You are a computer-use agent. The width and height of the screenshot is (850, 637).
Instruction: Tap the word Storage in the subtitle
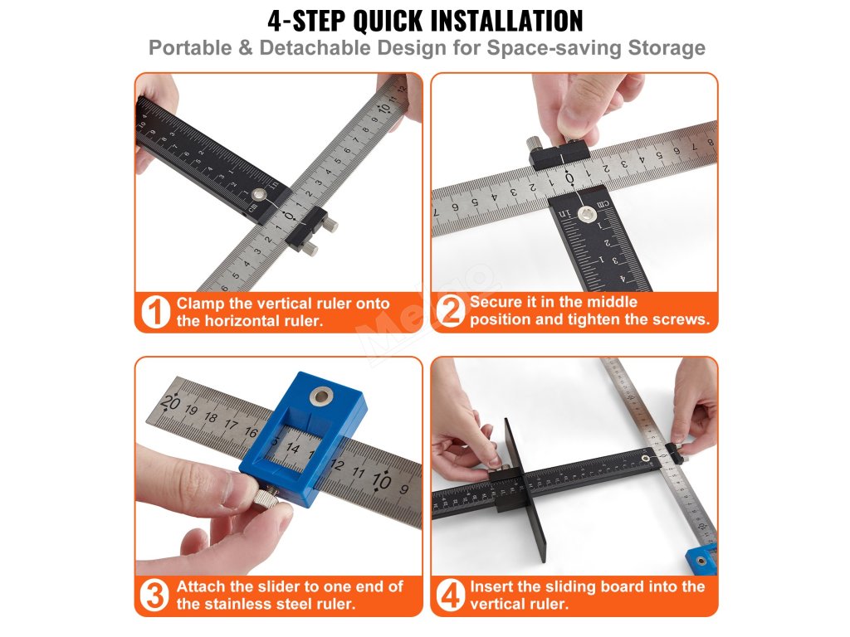[x=667, y=47]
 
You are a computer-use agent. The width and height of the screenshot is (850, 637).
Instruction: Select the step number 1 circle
[x=155, y=312]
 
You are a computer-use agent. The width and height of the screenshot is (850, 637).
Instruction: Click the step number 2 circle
[x=451, y=310]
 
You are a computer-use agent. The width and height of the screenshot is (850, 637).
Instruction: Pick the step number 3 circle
[x=154, y=596]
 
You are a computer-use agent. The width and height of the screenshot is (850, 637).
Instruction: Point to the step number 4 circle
[x=451, y=596]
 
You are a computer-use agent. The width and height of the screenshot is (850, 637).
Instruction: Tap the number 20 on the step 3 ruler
[x=170, y=403]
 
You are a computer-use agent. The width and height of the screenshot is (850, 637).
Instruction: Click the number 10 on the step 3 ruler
[x=381, y=480]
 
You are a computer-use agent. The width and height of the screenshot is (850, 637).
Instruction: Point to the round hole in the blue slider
[x=321, y=396]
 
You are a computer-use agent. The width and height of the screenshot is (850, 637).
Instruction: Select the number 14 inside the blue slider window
[x=293, y=448]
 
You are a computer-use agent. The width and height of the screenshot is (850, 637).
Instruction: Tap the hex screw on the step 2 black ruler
[x=586, y=214]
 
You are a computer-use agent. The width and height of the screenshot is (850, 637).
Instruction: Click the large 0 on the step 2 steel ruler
[x=569, y=178]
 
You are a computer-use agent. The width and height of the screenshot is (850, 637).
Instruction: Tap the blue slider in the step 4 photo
[x=702, y=560]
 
